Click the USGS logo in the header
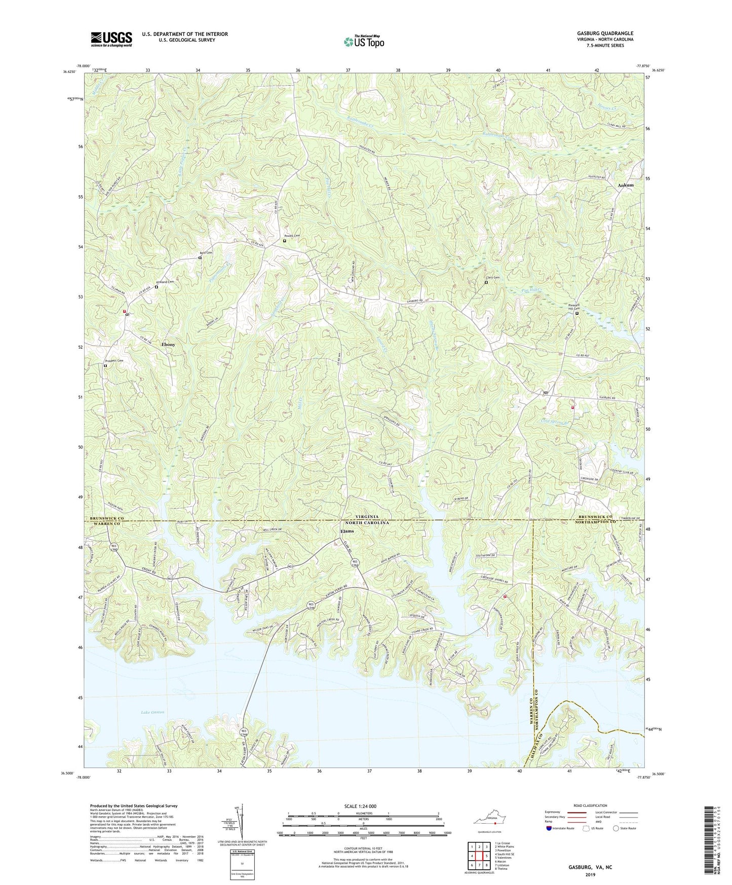[111, 39]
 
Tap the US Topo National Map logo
[363, 42]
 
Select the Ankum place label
[626, 186]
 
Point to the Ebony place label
[168, 345]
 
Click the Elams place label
[348, 531]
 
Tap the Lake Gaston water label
[152, 712]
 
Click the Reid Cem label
[206, 253]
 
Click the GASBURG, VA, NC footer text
[590, 867]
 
